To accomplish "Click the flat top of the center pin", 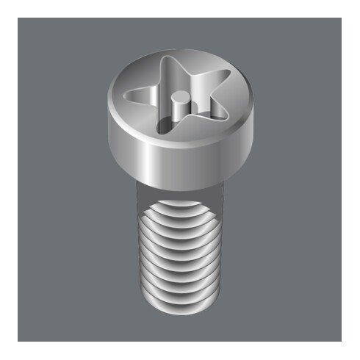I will pos(178,96).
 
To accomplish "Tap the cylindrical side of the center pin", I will pos(178,109).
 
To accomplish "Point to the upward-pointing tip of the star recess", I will pos(170,59).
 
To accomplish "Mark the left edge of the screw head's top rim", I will pos(110,103).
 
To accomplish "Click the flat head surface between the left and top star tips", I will pos(143,73).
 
